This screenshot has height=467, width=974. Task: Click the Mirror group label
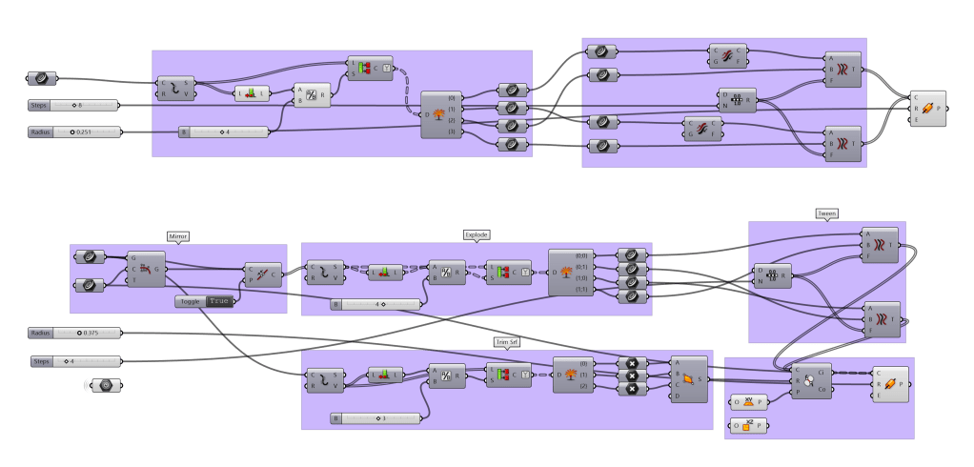coord(178,235)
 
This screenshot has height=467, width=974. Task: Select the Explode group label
coord(477,234)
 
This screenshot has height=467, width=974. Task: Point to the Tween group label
coord(826,213)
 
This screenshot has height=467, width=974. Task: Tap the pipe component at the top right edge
coord(929,108)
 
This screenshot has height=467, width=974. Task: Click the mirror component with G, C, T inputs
coord(146,269)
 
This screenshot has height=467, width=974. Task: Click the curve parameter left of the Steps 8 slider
coord(42,78)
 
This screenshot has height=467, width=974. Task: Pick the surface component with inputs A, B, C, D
coord(688,378)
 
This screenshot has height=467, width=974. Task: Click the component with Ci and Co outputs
coord(809,380)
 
